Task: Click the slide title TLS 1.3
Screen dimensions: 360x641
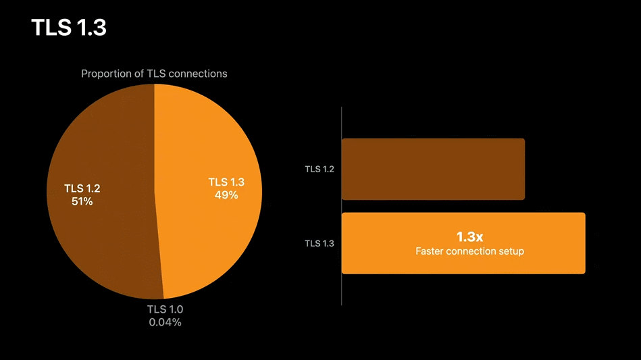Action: click(x=68, y=28)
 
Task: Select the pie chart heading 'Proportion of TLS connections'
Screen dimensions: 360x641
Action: click(x=154, y=74)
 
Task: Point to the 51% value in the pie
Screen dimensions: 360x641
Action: click(x=82, y=201)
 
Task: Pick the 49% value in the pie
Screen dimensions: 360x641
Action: click(x=226, y=195)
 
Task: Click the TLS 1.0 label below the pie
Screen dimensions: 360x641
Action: click(x=165, y=309)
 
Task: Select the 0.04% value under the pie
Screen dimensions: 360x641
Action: click(x=165, y=322)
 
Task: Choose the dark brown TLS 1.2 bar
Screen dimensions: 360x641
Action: click(x=433, y=169)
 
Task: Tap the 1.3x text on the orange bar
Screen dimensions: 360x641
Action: click(x=469, y=237)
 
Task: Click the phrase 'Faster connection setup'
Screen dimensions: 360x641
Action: click(x=469, y=251)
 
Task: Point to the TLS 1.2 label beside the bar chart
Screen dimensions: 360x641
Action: click(x=319, y=169)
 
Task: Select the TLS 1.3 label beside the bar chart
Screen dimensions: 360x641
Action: click(x=319, y=243)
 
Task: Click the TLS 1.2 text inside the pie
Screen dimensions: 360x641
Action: click(x=82, y=188)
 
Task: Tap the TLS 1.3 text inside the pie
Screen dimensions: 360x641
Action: click(x=226, y=182)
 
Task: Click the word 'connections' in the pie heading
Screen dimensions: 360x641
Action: click(x=198, y=74)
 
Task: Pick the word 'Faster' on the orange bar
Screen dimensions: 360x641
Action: click(x=430, y=251)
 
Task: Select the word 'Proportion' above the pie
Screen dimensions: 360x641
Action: click(x=106, y=74)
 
